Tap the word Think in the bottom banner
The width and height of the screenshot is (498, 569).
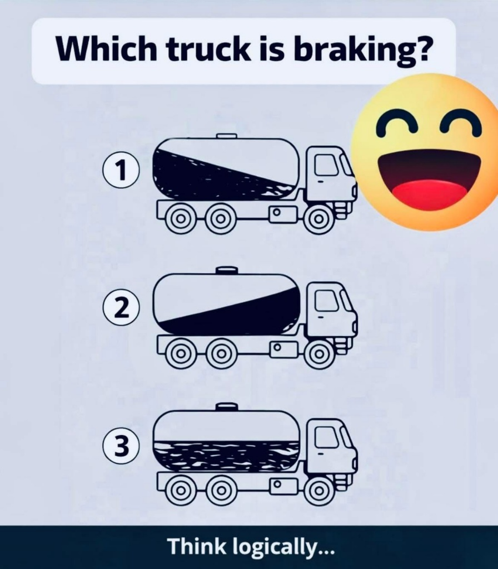196,546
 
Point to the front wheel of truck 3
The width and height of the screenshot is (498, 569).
318,491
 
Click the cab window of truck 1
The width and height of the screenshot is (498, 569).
326,164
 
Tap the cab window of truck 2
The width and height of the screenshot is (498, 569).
326,300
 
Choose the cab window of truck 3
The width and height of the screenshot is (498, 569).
326,437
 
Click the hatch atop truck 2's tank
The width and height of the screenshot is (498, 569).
227,271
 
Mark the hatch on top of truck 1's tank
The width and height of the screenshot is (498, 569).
227,136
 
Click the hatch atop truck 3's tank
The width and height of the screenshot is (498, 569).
227,407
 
